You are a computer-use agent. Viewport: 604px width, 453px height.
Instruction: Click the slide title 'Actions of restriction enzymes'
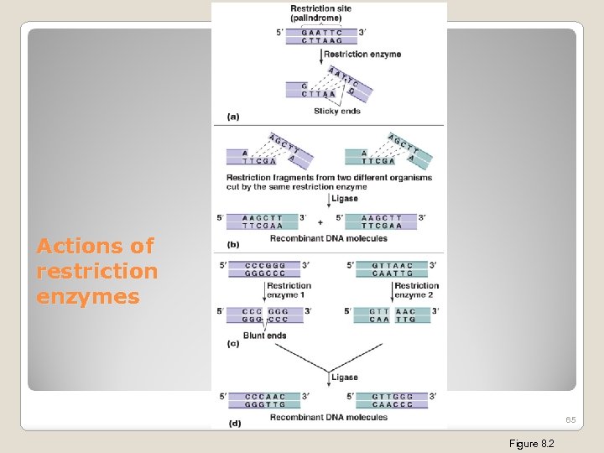(96, 271)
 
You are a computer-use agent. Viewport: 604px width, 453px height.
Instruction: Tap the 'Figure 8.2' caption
(532, 443)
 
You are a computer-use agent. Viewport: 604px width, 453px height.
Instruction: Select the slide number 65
(570, 419)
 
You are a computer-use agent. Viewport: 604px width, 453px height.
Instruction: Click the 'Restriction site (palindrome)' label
(321, 13)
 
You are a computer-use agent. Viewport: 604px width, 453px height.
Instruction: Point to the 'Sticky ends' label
(336, 111)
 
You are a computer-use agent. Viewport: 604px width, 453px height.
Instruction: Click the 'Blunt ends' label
(264, 336)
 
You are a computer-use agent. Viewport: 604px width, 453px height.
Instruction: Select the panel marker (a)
(232, 116)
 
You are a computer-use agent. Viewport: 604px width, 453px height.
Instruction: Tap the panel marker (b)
(232, 244)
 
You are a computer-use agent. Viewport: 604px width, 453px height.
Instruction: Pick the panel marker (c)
(232, 344)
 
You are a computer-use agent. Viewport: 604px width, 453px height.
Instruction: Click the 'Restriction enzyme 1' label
(289, 290)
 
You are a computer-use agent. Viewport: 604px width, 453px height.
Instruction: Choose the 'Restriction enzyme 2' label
(416, 290)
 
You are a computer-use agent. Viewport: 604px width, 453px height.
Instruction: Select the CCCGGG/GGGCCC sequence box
(264, 269)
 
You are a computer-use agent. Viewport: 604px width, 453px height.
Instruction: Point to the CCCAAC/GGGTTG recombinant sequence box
(264, 400)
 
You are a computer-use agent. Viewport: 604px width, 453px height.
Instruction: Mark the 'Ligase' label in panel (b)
(344, 199)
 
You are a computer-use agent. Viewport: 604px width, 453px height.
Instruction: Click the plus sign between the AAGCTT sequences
(320, 222)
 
